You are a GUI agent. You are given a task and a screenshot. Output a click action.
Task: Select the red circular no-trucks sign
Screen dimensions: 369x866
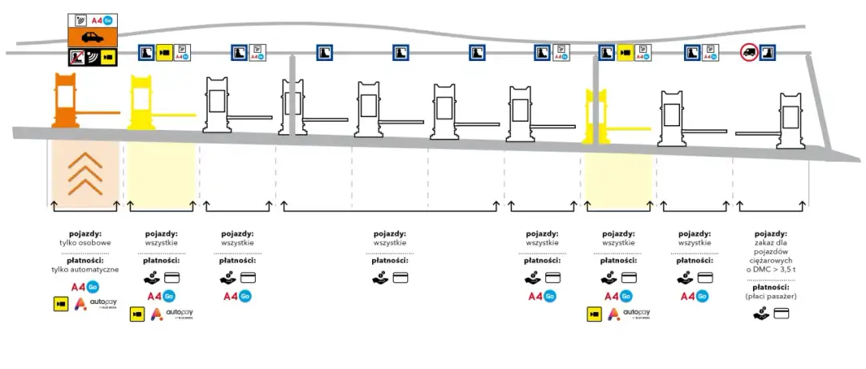(x=749, y=54)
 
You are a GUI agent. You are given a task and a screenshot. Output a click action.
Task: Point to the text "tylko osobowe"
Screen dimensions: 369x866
(x=85, y=242)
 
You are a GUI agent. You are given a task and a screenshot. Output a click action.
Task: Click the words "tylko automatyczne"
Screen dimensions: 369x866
(x=85, y=270)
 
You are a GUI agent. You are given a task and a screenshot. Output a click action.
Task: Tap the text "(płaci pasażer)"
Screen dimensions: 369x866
(x=776, y=297)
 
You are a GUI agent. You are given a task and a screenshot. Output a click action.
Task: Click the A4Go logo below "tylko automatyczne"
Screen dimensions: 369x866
(x=85, y=286)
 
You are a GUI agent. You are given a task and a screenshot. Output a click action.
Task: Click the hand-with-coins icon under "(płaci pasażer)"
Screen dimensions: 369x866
(x=762, y=314)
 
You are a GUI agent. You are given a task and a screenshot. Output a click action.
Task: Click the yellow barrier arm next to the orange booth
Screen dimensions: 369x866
(x=172, y=115)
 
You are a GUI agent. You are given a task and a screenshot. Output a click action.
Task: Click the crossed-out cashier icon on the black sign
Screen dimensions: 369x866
(x=77, y=57)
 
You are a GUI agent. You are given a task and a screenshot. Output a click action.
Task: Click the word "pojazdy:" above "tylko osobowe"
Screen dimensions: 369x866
(x=85, y=233)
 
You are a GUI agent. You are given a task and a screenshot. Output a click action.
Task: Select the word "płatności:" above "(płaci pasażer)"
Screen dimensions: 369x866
(x=776, y=286)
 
